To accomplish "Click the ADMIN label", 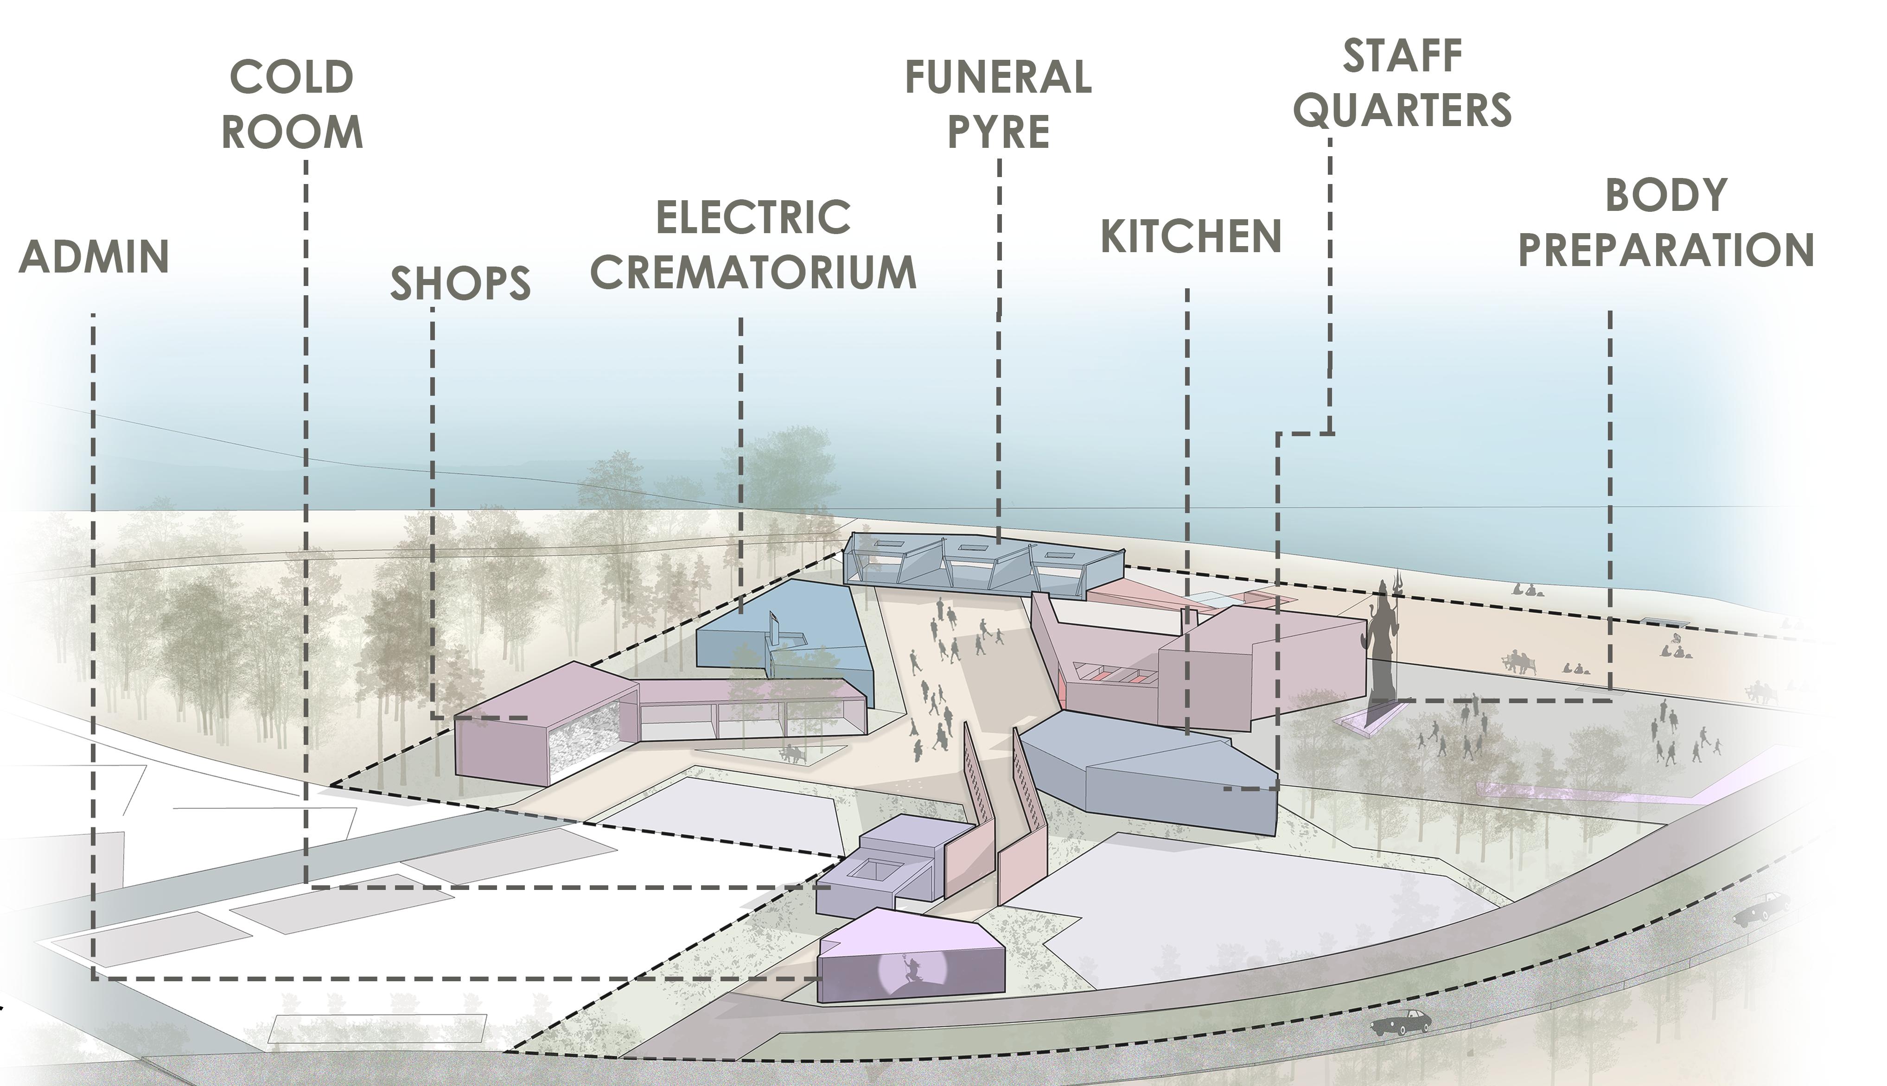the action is pos(94,257).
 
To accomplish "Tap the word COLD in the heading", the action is pos(292,77).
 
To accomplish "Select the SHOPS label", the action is pos(460,283).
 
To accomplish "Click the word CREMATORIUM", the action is pos(753,272).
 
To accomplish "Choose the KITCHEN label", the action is pos(1191,236).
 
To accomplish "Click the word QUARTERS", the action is pos(1402,110).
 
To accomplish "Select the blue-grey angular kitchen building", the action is pos(1148,768).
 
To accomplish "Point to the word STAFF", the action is pos(1402,56).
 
